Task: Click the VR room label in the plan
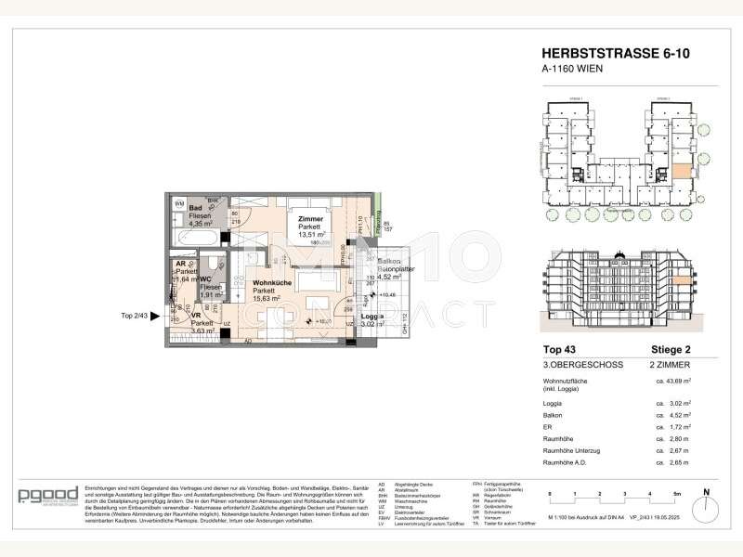pyautogui.click(x=196, y=315)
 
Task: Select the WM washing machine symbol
pyautogui.click(x=180, y=203)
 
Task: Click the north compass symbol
pyautogui.click(x=705, y=500)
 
